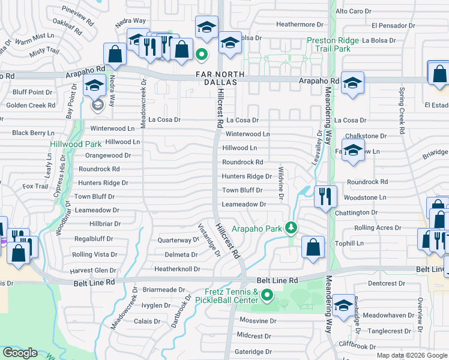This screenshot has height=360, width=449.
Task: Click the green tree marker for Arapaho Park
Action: point(291,227)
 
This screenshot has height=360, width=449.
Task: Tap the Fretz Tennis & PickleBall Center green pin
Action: point(267,295)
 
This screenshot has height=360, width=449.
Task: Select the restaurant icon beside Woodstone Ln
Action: point(325,196)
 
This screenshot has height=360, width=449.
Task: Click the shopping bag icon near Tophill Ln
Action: point(313,247)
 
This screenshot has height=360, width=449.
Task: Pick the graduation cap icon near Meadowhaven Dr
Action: point(343,305)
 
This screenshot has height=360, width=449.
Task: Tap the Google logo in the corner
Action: point(20,353)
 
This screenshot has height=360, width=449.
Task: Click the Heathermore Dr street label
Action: point(300,24)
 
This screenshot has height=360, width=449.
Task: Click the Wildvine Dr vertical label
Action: point(280,184)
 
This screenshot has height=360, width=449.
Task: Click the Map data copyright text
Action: point(412,355)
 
